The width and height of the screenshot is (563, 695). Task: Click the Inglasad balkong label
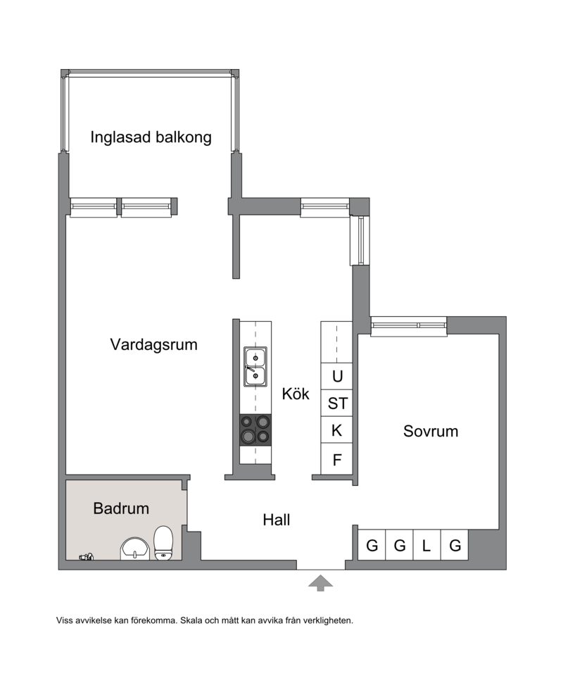pos(151,137)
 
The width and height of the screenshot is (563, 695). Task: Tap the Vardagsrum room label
pos(153,345)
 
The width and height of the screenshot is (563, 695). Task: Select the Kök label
pos(296,394)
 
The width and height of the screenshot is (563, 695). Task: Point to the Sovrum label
pos(431,431)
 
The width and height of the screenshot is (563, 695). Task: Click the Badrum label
pos(121,508)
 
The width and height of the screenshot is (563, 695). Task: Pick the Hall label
pos(277,520)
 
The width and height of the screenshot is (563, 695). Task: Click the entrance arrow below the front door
pos(321,583)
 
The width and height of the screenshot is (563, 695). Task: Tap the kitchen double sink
pos(255,367)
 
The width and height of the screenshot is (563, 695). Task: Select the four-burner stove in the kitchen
pos(255,430)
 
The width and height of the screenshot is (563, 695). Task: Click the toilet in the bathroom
pos(163,544)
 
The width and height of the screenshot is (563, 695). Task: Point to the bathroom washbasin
pos(135,549)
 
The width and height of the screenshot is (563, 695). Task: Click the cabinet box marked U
pos(336,376)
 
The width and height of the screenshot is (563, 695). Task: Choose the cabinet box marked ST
pos(336,403)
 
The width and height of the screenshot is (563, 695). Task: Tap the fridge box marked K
pos(336,430)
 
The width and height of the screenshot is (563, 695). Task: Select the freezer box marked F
pos(336,458)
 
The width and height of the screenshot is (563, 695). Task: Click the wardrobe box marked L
pos(426,545)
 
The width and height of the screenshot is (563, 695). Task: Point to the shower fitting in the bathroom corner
pos(87,557)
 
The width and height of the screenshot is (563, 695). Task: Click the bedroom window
pos(408,326)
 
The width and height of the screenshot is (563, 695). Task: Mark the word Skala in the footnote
pos(191,620)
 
